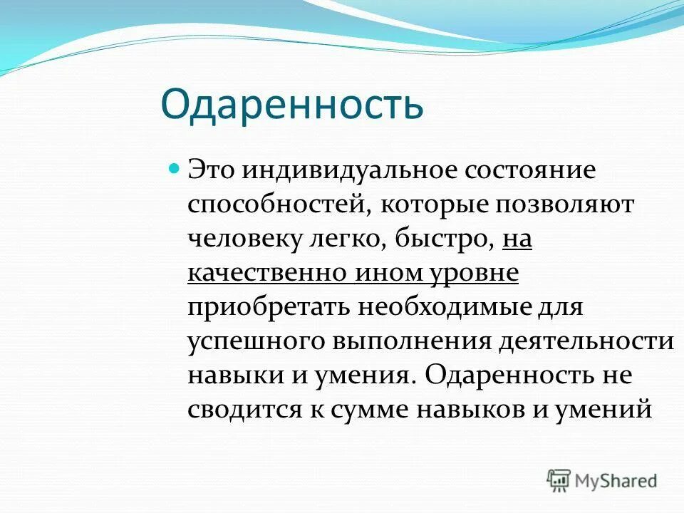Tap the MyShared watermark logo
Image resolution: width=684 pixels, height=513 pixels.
[602, 480]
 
